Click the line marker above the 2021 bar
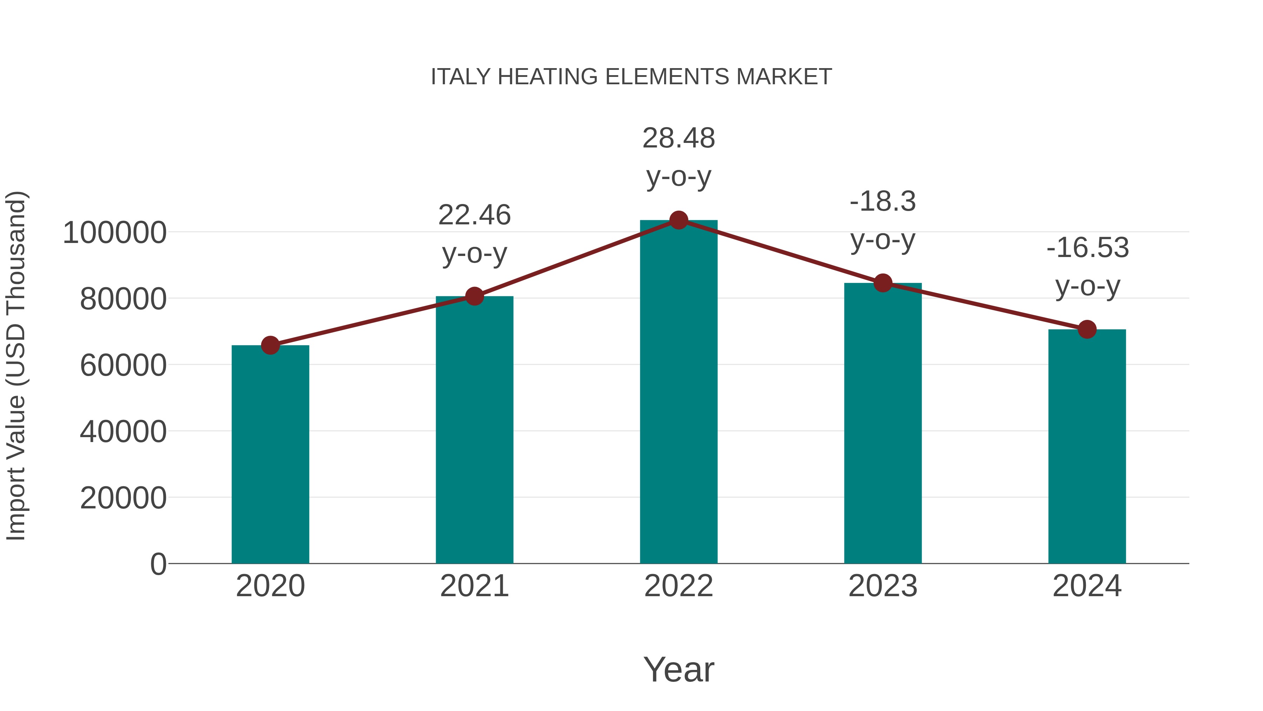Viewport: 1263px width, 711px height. coord(474,296)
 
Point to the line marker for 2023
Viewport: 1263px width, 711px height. coord(883,283)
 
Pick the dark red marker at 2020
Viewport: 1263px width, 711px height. coord(270,345)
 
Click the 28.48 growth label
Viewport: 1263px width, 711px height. coord(679,138)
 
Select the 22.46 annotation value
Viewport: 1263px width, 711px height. coord(474,216)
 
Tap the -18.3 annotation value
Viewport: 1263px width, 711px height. coord(883,202)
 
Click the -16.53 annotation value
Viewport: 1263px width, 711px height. coord(1087,248)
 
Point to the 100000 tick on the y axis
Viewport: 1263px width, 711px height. coord(115,232)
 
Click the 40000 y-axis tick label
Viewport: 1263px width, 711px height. coord(123,432)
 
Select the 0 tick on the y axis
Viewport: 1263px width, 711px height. coord(158,564)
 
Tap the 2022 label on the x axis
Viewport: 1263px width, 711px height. coord(679,586)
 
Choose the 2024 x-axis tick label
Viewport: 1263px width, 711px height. coord(1087,586)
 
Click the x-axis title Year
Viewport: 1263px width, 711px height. coord(679,669)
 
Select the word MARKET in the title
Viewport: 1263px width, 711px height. coord(783,77)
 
